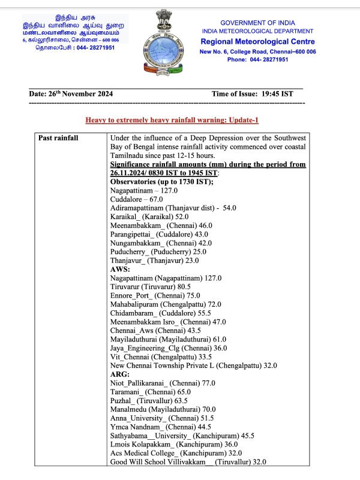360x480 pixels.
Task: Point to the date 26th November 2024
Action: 71,94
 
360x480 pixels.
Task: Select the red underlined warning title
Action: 172,121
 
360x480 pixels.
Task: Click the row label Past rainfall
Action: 58,138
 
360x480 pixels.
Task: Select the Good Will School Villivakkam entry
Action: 188,461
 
